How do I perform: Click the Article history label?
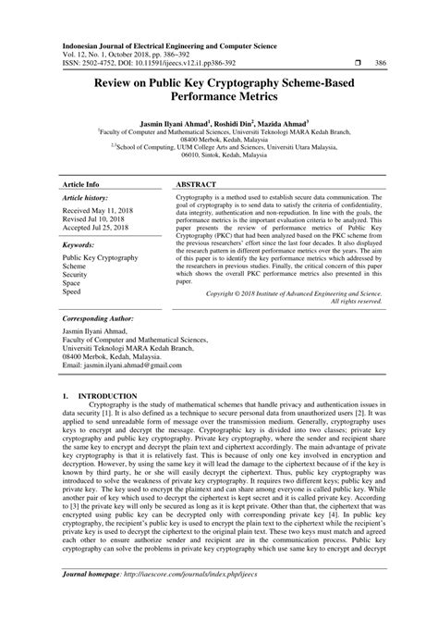pyautogui.click(x=86, y=198)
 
